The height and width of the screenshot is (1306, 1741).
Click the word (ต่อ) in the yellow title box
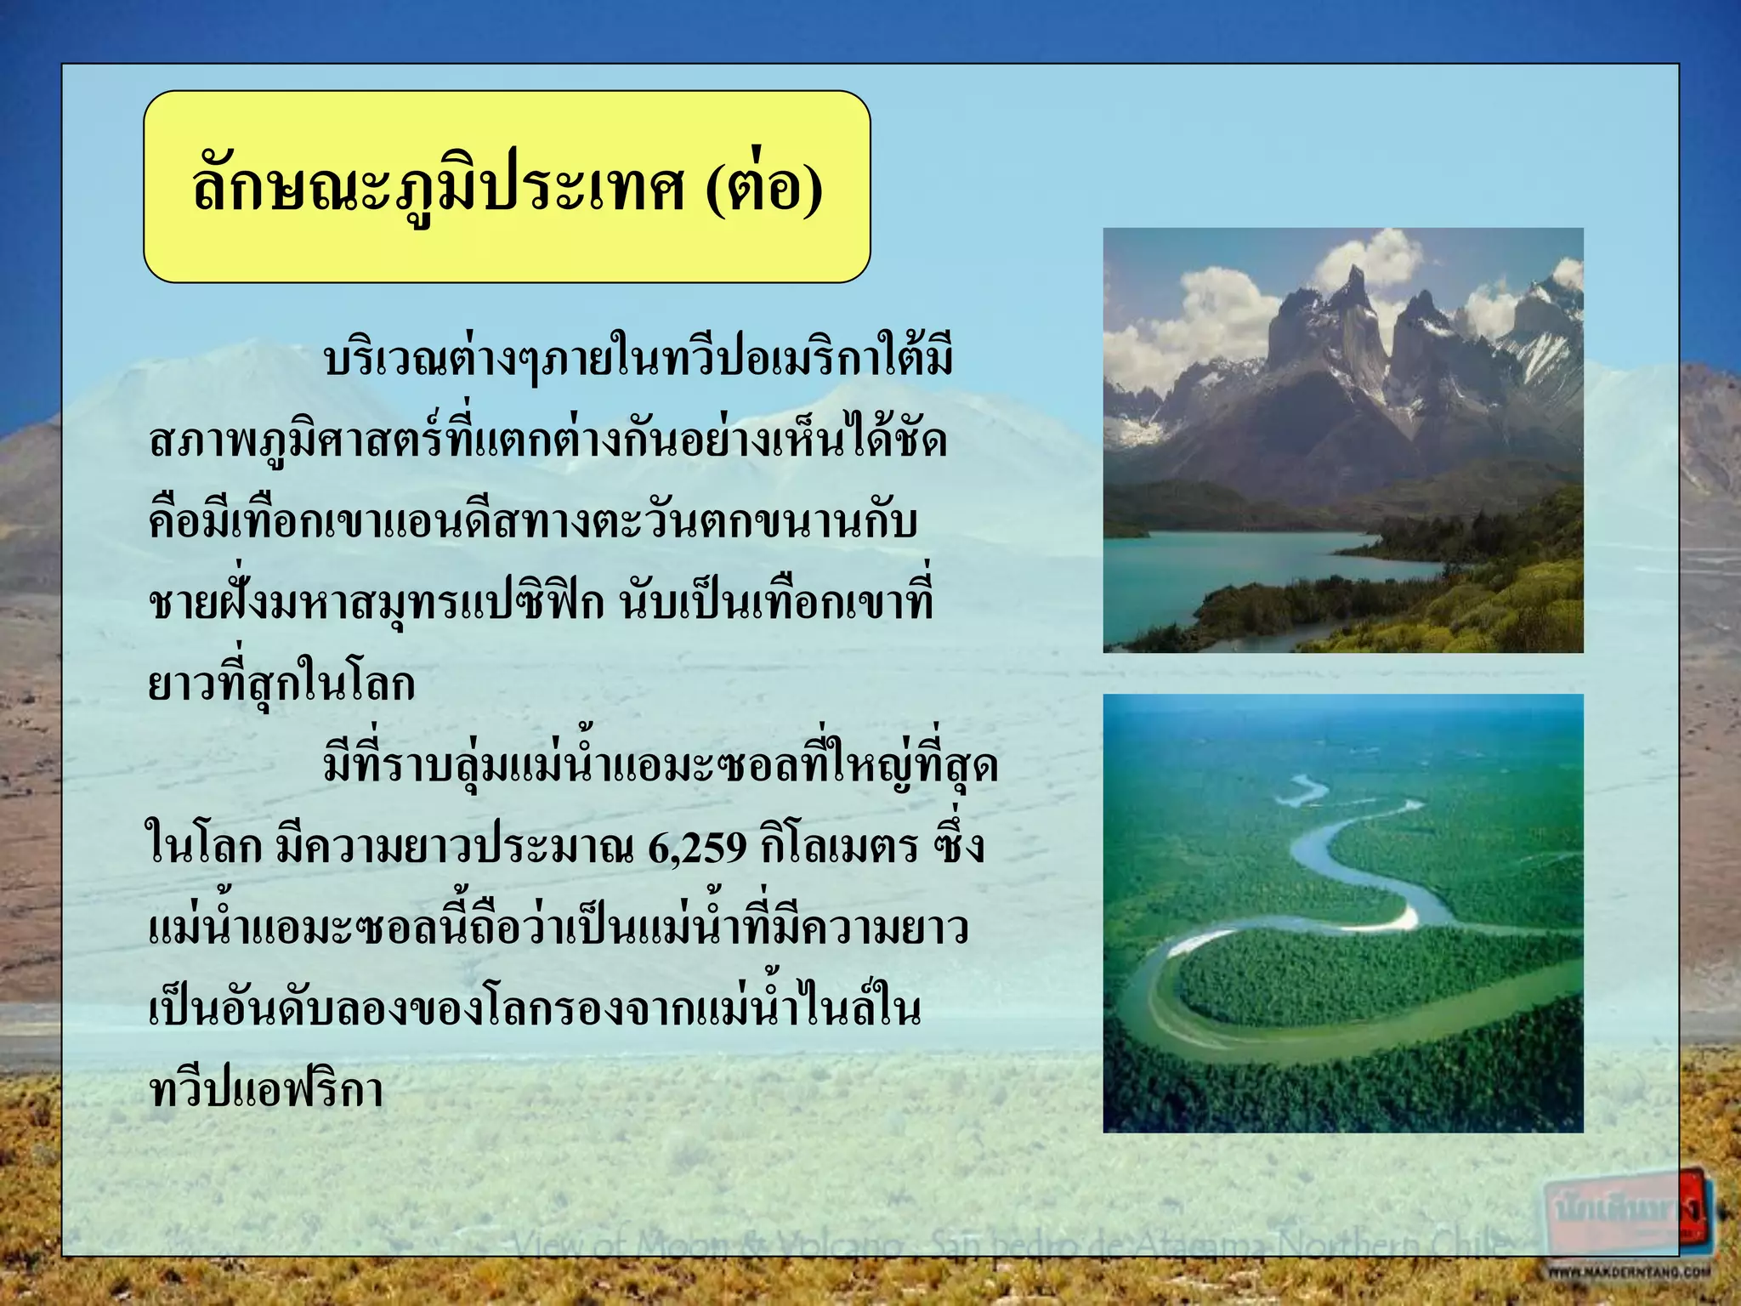point(763,188)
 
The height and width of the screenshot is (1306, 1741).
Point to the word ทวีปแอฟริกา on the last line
point(265,1091)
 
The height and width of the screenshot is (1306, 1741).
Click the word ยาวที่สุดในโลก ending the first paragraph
point(281,685)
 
